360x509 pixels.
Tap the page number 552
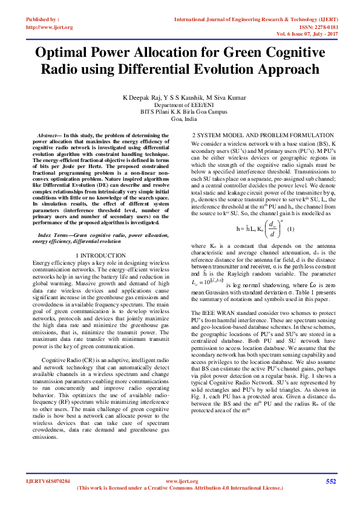(x=331, y=481)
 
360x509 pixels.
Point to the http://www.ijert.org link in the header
(x=49, y=27)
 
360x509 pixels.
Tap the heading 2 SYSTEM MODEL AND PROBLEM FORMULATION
(x=262, y=135)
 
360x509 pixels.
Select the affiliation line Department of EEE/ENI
(x=179, y=105)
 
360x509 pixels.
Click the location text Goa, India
(x=179, y=119)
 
